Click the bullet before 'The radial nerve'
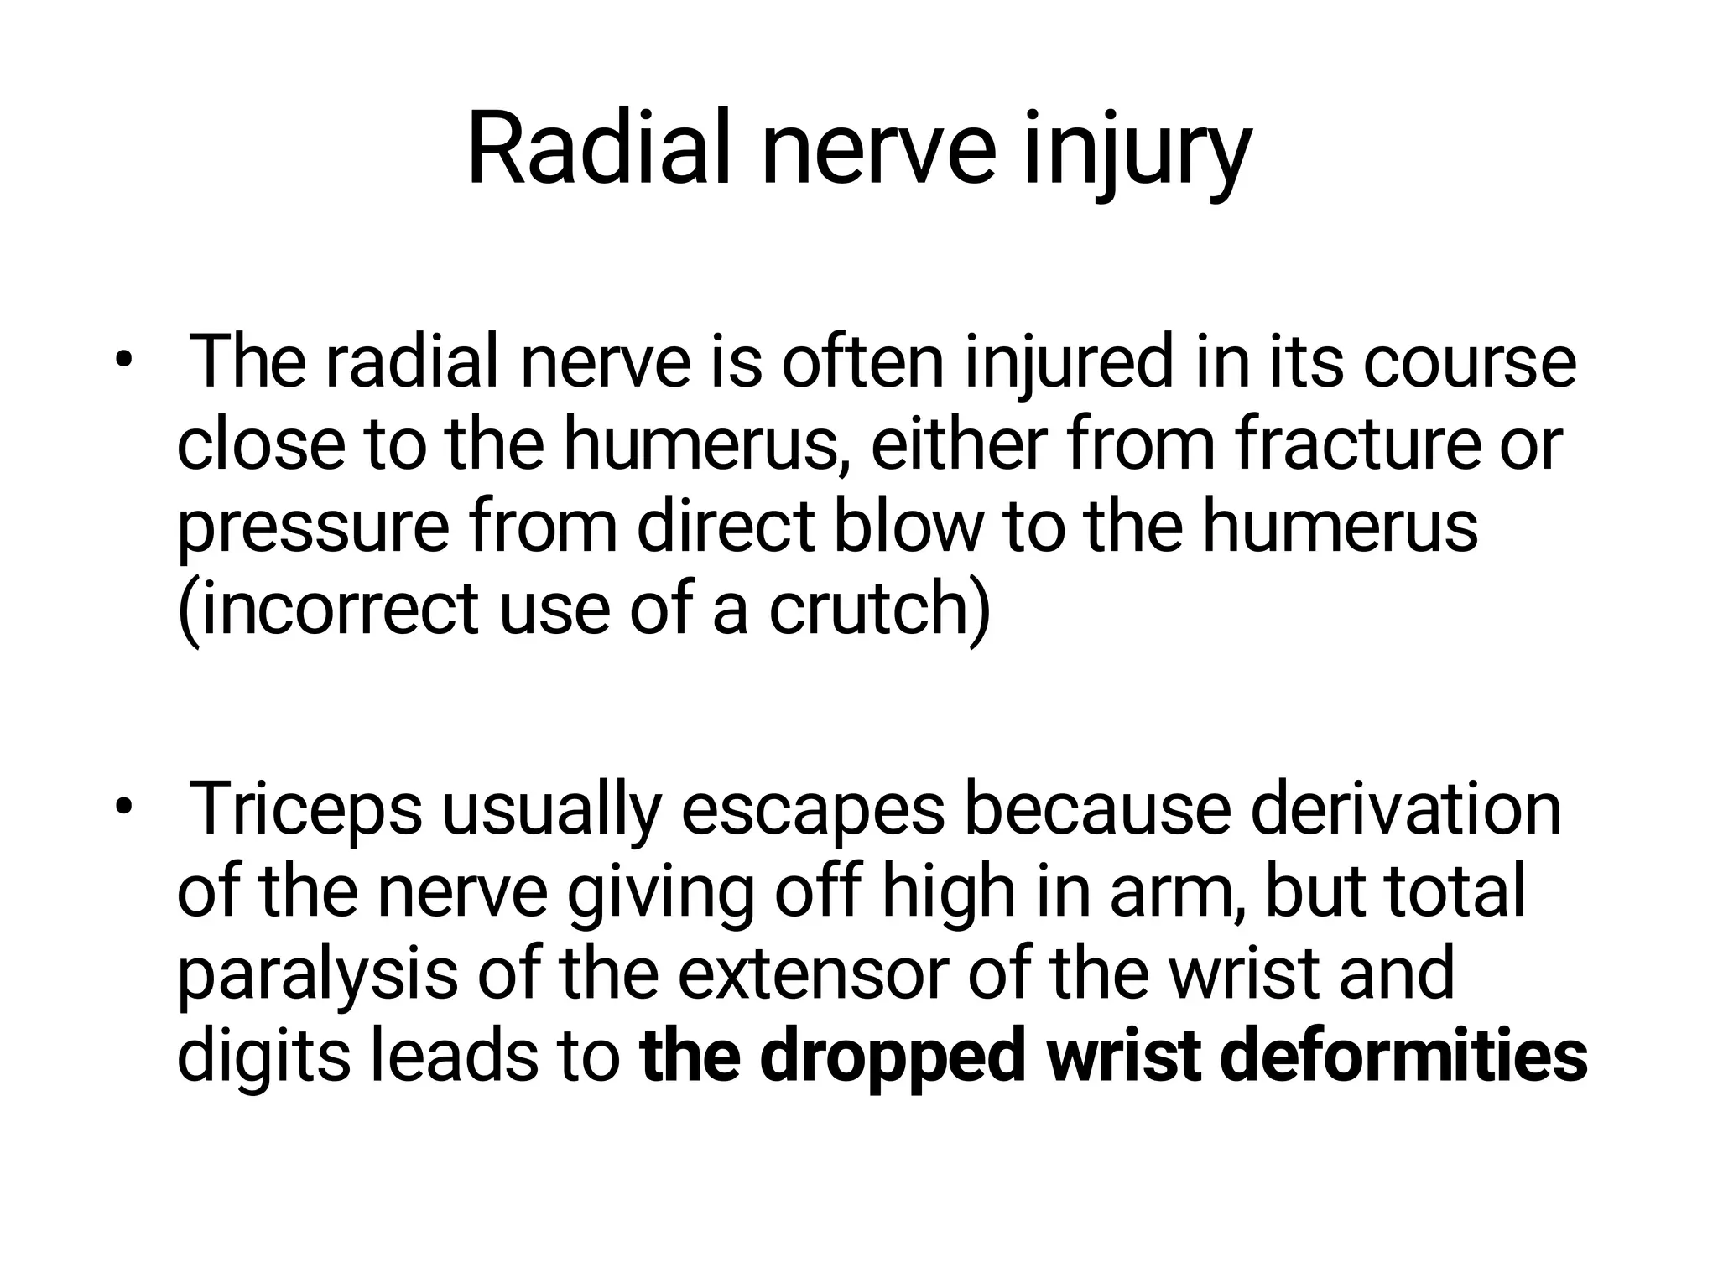(x=124, y=361)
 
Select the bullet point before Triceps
(x=124, y=808)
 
